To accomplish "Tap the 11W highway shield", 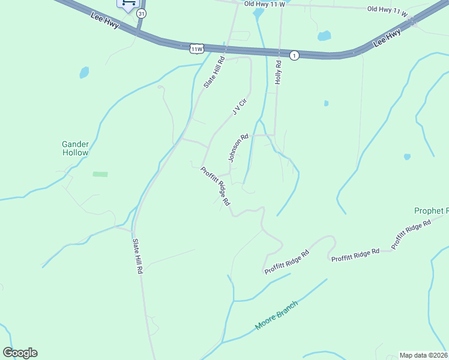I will (x=196, y=48).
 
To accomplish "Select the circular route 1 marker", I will (x=294, y=56).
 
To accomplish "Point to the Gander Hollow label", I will (x=76, y=148).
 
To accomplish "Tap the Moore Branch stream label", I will (x=276, y=315).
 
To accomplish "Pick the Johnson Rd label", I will (x=238, y=148).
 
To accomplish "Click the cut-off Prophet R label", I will (x=431, y=211).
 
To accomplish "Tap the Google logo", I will (x=20, y=353).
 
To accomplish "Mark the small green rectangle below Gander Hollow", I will (x=100, y=174).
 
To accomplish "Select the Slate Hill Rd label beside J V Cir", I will (x=214, y=73).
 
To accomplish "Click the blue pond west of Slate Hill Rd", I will (x=84, y=73).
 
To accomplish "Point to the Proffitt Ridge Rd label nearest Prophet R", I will (x=411, y=235).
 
